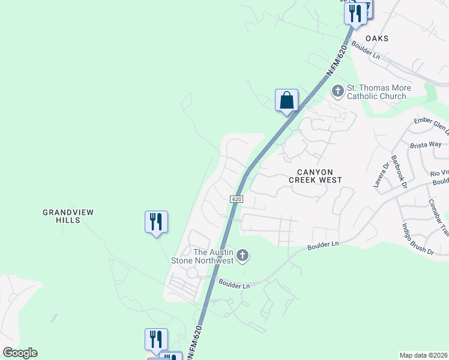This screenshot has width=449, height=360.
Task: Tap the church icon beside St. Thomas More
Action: tap(337, 91)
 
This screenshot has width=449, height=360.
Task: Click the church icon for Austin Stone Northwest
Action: tap(243, 256)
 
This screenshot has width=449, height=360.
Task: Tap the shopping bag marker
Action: tap(286, 100)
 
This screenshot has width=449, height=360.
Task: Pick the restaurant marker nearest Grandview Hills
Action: tap(156, 222)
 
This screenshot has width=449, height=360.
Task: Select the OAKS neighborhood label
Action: tap(379, 38)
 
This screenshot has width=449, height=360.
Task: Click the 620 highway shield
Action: tap(237, 199)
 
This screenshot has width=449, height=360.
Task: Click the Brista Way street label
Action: tap(426, 145)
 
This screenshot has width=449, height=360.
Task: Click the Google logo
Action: tap(20, 353)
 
